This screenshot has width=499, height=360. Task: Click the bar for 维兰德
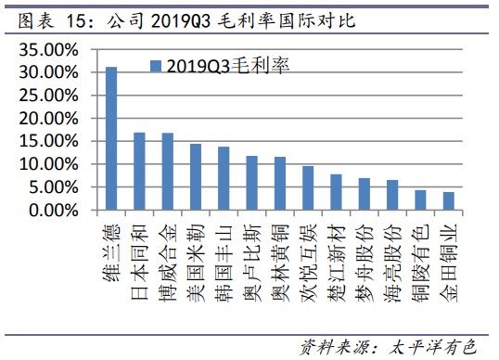(x=110, y=138)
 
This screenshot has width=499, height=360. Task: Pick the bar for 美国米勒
(x=196, y=177)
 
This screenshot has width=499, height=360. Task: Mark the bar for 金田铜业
(x=449, y=201)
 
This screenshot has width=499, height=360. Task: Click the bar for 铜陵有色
(x=420, y=200)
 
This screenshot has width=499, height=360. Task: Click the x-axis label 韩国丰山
(x=224, y=253)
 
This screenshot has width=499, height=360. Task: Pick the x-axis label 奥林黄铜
(x=280, y=253)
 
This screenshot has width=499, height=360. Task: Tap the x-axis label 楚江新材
(x=336, y=253)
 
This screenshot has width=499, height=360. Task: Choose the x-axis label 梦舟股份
(x=364, y=253)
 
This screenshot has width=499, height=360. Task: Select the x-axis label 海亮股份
(x=392, y=253)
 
